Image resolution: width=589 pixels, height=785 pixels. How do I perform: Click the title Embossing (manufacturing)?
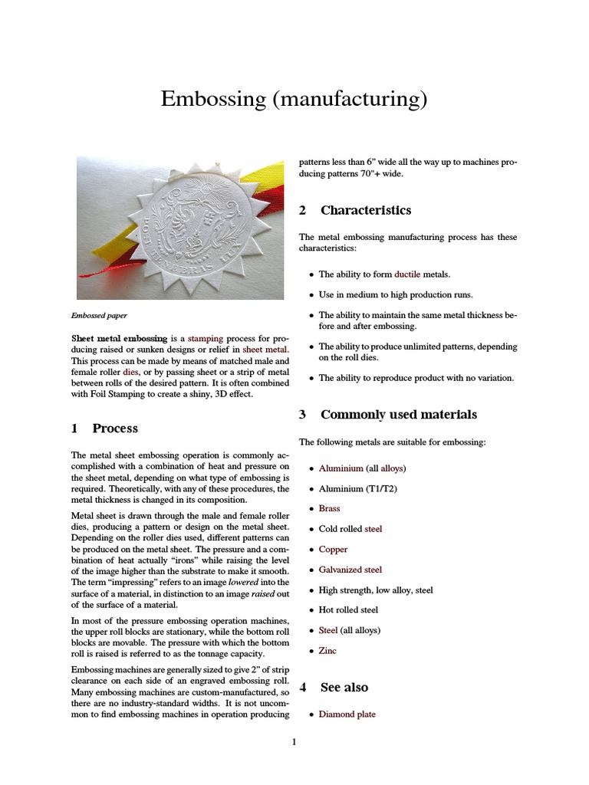pyautogui.click(x=294, y=100)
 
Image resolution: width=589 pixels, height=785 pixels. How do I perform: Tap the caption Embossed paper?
pyautogui.click(x=99, y=314)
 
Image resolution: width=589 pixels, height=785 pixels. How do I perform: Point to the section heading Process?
pyautogui.click(x=115, y=428)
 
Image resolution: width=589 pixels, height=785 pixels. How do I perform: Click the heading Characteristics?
pyautogui.click(x=365, y=210)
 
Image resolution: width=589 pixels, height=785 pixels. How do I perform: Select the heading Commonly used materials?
pyautogui.click(x=398, y=415)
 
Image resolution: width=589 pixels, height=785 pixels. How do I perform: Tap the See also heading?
pyautogui.click(x=344, y=687)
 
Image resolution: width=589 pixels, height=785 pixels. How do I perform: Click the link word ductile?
pyautogui.click(x=408, y=274)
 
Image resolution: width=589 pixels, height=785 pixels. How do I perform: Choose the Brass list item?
pyautogui.click(x=329, y=508)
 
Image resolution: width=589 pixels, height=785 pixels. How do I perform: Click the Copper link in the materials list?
pyautogui.click(x=333, y=549)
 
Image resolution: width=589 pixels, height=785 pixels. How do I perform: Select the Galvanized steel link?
pyautogui.click(x=350, y=570)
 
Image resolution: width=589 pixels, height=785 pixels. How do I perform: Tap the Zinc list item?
pyautogui.click(x=327, y=651)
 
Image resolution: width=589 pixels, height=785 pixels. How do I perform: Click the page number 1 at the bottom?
pyautogui.click(x=294, y=741)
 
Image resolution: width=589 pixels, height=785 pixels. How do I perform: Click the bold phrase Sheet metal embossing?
pyautogui.click(x=119, y=337)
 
